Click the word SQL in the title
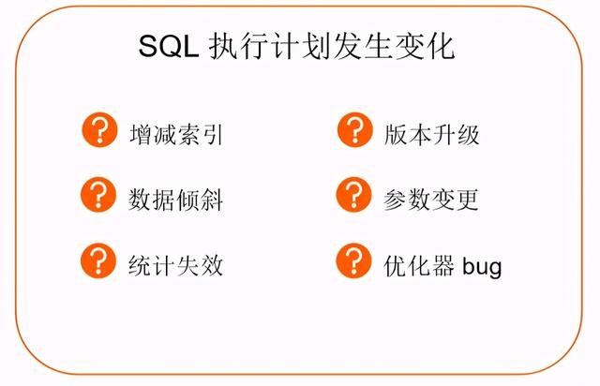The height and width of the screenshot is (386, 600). pos(169,46)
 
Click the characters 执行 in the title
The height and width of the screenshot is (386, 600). pos(239,46)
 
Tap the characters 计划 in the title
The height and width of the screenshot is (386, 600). pos(301,46)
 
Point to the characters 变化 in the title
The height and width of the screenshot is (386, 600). pos(425,46)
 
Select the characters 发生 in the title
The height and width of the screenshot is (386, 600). pos(363,46)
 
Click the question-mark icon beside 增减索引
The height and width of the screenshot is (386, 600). pos(99,129)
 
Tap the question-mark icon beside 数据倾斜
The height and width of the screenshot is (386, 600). pos(98,195)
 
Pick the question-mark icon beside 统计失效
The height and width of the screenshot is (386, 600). pos(98,260)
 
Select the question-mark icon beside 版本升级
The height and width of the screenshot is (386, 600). pos(354,129)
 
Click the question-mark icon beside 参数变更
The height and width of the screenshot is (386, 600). pos(354,195)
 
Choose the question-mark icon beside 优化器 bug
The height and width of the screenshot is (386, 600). pos(354,260)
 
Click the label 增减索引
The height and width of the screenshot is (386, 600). pos(176,135)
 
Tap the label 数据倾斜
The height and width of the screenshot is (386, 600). pos(175,200)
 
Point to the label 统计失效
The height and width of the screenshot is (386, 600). pos(175,265)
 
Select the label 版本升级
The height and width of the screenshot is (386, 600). pos(431,135)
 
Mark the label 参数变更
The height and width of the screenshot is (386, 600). pos(431,200)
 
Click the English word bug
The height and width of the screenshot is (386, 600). pos(482,267)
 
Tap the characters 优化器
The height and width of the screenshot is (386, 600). pos(419,265)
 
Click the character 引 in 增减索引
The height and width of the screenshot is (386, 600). pos(213,135)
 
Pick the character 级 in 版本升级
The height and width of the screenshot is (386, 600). pos(468,135)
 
